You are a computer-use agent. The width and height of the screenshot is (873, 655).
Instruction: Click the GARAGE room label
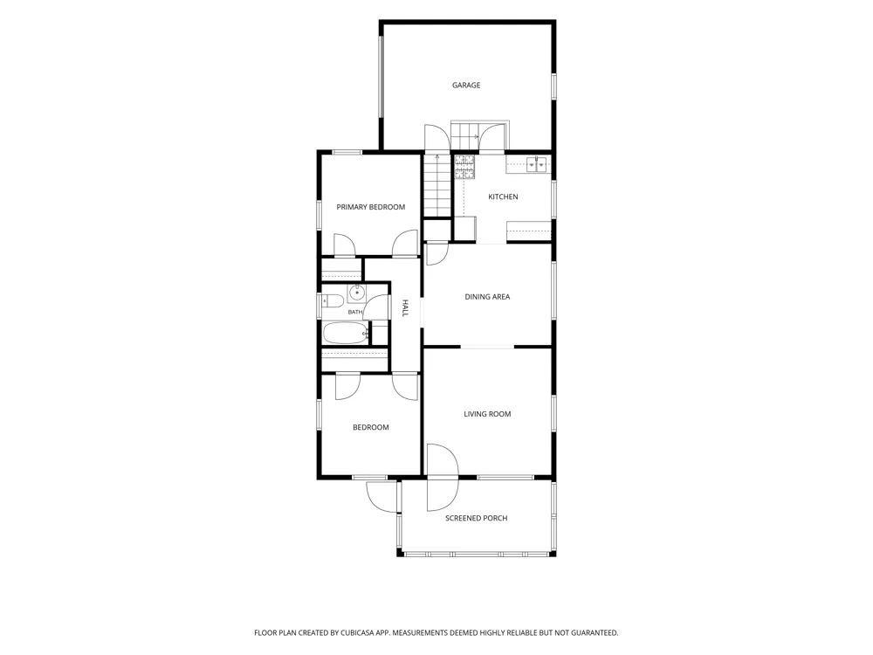pos(466,86)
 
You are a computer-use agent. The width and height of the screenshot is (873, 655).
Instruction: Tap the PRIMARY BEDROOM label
pos(371,207)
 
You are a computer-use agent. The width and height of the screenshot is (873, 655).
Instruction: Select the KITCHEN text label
pos(503,196)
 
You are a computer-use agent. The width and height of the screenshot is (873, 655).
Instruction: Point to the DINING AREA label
pos(487,297)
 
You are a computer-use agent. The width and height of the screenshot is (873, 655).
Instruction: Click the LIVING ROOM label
pos(487,414)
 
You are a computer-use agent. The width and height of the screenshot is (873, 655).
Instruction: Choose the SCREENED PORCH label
pos(476,518)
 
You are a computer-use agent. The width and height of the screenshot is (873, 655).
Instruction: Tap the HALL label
pos(405,308)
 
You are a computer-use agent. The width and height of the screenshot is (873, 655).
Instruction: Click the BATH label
pos(355,312)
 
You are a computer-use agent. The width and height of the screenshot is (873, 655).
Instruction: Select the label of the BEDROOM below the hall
pos(371,427)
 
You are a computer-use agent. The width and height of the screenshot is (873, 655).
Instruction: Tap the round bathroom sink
pos(356,292)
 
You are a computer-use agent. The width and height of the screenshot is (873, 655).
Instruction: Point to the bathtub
pos(346,334)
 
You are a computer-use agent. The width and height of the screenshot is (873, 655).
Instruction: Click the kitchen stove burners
pos(464,167)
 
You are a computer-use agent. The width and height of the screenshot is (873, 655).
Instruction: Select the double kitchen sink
pos(537,165)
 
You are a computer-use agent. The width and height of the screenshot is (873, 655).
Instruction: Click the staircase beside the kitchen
pos(437,185)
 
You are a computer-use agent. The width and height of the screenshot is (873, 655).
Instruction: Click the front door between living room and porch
pos(443,478)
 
